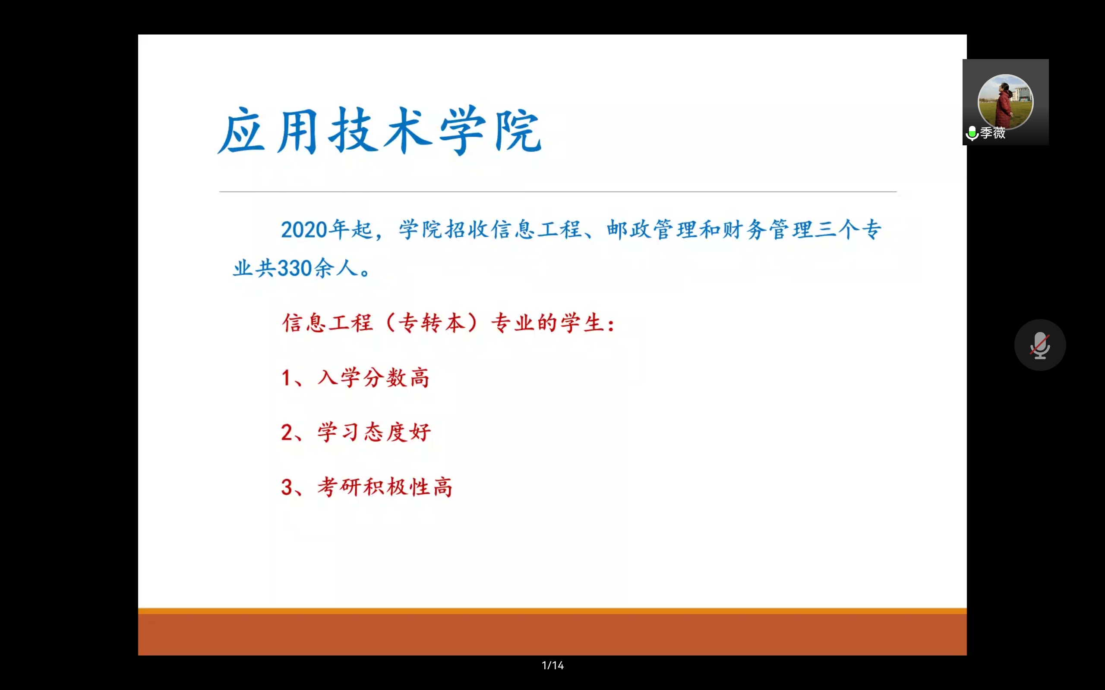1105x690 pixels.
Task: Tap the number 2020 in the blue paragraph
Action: point(304,229)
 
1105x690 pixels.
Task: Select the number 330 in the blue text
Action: point(294,268)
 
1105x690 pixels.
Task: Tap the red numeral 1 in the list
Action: point(286,378)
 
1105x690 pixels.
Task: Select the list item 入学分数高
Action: point(373,378)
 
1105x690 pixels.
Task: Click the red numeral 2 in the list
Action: point(287,433)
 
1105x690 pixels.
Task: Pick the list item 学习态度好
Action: point(374,432)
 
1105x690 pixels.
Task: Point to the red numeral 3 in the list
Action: point(287,487)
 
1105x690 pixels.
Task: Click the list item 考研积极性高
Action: point(385,487)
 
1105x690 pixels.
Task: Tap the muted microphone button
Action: point(1040,345)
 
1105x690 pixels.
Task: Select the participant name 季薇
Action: point(993,133)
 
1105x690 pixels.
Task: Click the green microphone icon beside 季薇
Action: point(972,133)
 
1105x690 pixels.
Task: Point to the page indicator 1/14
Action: point(552,665)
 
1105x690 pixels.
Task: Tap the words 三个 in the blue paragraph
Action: point(837,229)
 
